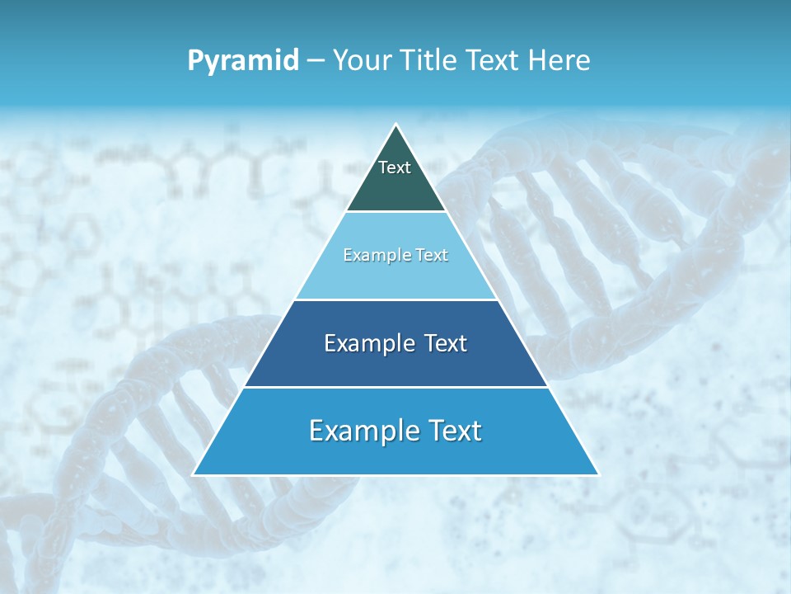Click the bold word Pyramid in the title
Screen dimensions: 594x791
coord(243,61)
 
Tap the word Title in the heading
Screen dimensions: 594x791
coord(432,61)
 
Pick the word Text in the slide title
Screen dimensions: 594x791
coord(493,61)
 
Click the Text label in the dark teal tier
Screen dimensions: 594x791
coord(395,167)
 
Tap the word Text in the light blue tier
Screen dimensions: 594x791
coord(433,256)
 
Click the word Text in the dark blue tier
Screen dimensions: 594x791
coord(446,343)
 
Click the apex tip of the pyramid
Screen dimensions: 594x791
coord(395,125)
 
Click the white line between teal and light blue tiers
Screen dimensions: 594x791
coord(395,212)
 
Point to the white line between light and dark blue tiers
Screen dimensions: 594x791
coord(395,299)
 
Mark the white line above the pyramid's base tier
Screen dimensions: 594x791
coord(395,387)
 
